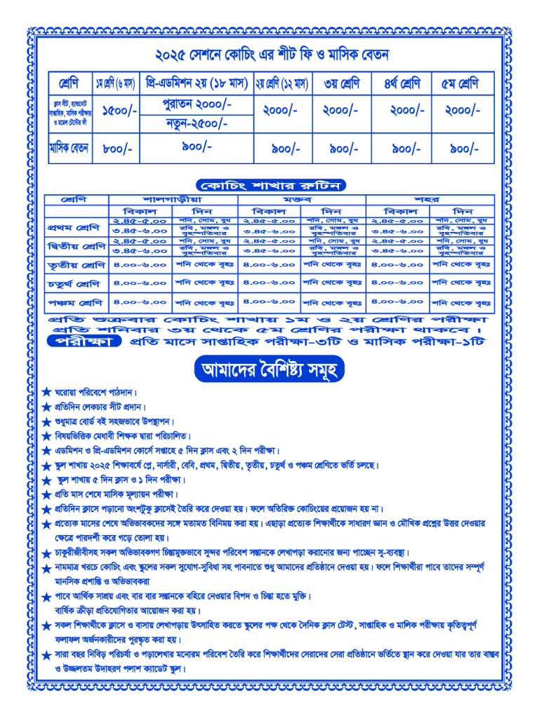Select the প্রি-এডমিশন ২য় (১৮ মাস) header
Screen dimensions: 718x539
coord(197,83)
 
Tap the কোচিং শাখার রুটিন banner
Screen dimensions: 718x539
coord(270,185)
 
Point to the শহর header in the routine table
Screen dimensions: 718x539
coord(436,199)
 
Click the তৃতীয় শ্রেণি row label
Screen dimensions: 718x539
coord(74,266)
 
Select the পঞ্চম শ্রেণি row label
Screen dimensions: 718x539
coord(74,304)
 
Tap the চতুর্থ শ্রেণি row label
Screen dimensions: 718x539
coord(74,284)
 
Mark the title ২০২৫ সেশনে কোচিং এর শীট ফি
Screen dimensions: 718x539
coord(271,54)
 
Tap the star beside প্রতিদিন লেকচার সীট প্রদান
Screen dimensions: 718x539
coord(46,407)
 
